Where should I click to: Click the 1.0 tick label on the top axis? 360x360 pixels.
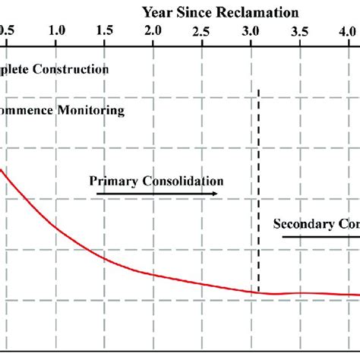pos(56,31)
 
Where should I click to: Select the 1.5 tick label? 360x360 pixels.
pos(105,31)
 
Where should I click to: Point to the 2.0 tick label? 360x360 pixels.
pos(153,31)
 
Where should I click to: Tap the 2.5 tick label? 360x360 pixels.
pos(201,31)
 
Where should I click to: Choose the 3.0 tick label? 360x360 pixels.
pos(250,31)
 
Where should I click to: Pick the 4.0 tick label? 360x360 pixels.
pos(348,31)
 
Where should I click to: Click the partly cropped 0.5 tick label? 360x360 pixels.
pos(6,31)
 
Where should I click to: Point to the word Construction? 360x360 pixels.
pos(77,69)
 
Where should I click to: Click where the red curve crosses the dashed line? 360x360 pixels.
pos(258,292)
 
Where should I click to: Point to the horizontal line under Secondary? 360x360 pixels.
pos(319,237)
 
